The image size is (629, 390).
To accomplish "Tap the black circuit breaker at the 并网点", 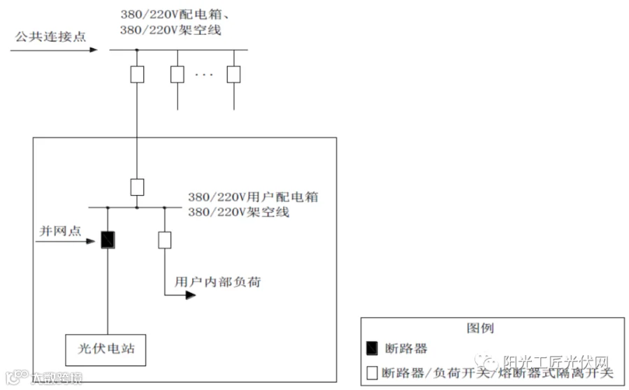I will [x=108, y=240].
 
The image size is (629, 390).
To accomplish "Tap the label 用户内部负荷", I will [x=219, y=282].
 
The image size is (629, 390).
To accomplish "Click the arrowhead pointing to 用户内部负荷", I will [x=190, y=294].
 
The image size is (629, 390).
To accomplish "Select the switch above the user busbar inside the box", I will [x=137, y=187].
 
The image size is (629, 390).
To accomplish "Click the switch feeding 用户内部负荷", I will [x=165, y=240].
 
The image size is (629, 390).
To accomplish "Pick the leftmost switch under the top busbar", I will [x=137, y=74].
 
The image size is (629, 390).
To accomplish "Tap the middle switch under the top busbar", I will [x=178, y=74].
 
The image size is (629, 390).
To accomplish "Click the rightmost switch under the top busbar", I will [x=233, y=74].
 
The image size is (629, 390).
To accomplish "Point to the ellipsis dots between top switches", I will [x=204, y=74].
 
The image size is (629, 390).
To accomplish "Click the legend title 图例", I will [x=480, y=328].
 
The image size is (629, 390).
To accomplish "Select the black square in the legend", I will [x=372, y=348].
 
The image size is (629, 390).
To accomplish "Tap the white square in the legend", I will [x=372, y=374].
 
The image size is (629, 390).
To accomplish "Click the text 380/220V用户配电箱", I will [x=253, y=197].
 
